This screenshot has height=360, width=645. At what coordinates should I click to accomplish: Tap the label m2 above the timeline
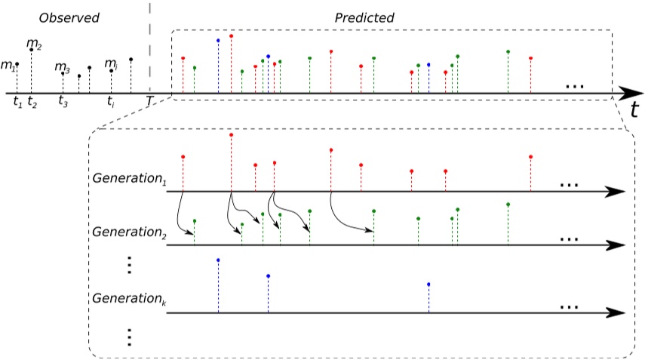point(34,43)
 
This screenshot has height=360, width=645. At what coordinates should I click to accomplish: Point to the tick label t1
point(17,100)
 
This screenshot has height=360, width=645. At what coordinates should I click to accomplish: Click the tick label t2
point(32,101)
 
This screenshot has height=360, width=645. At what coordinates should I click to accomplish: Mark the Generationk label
point(128,298)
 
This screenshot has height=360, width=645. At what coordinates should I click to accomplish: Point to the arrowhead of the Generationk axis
point(619,312)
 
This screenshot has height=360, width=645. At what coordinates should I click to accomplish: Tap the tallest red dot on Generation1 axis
point(230,134)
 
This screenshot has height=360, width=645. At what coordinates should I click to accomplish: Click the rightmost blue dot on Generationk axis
point(428,285)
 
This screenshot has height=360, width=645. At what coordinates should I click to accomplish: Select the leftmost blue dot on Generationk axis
point(218,260)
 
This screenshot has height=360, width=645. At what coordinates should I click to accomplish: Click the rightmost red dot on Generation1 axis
point(531,157)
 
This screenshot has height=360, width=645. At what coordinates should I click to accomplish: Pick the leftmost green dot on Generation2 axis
point(195,220)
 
